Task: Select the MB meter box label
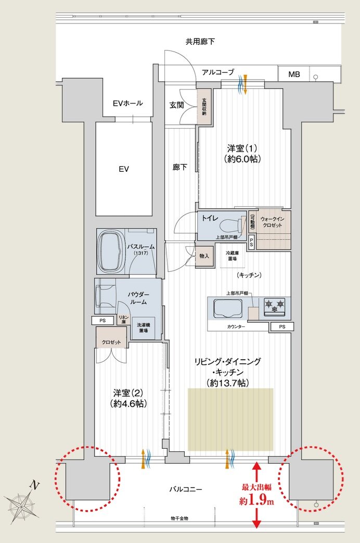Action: (294, 74)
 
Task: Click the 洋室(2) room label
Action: (128, 397)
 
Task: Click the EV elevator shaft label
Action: (123, 169)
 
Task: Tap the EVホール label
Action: (127, 103)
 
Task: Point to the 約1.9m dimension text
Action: (257, 501)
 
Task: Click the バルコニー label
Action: (185, 489)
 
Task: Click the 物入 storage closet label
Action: (204, 256)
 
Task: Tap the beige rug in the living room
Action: (230, 419)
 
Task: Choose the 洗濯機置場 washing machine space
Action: (144, 328)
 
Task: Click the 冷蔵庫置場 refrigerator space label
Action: (232, 255)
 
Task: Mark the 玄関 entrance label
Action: (176, 105)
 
